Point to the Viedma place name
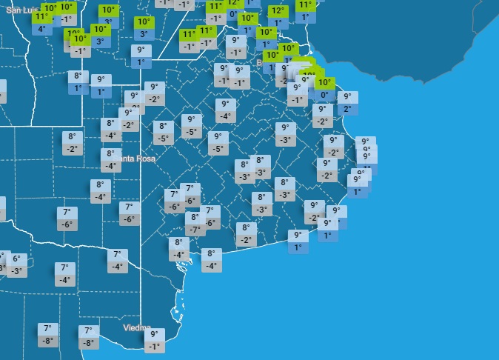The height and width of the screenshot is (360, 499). [136, 327]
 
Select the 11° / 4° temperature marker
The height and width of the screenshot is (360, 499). [41, 23]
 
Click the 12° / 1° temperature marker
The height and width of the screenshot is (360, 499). [278, 17]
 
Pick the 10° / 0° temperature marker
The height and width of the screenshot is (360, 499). [324, 89]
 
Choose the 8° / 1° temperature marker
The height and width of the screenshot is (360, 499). [78, 82]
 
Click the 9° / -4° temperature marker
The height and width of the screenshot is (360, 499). [225, 110]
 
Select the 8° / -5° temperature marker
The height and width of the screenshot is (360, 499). [164, 133]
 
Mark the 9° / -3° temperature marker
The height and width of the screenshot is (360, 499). [285, 134]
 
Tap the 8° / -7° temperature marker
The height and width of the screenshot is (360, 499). [195, 224]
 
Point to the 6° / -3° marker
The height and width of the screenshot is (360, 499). [17, 265]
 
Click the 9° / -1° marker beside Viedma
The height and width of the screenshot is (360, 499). [154, 340]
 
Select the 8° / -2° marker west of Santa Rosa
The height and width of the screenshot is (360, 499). [72, 143]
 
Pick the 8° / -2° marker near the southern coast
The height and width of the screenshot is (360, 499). [246, 234]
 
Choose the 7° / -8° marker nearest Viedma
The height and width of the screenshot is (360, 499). [89, 337]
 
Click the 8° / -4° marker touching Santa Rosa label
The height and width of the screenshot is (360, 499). [111, 160]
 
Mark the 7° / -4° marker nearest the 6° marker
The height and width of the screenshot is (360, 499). [64, 273]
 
